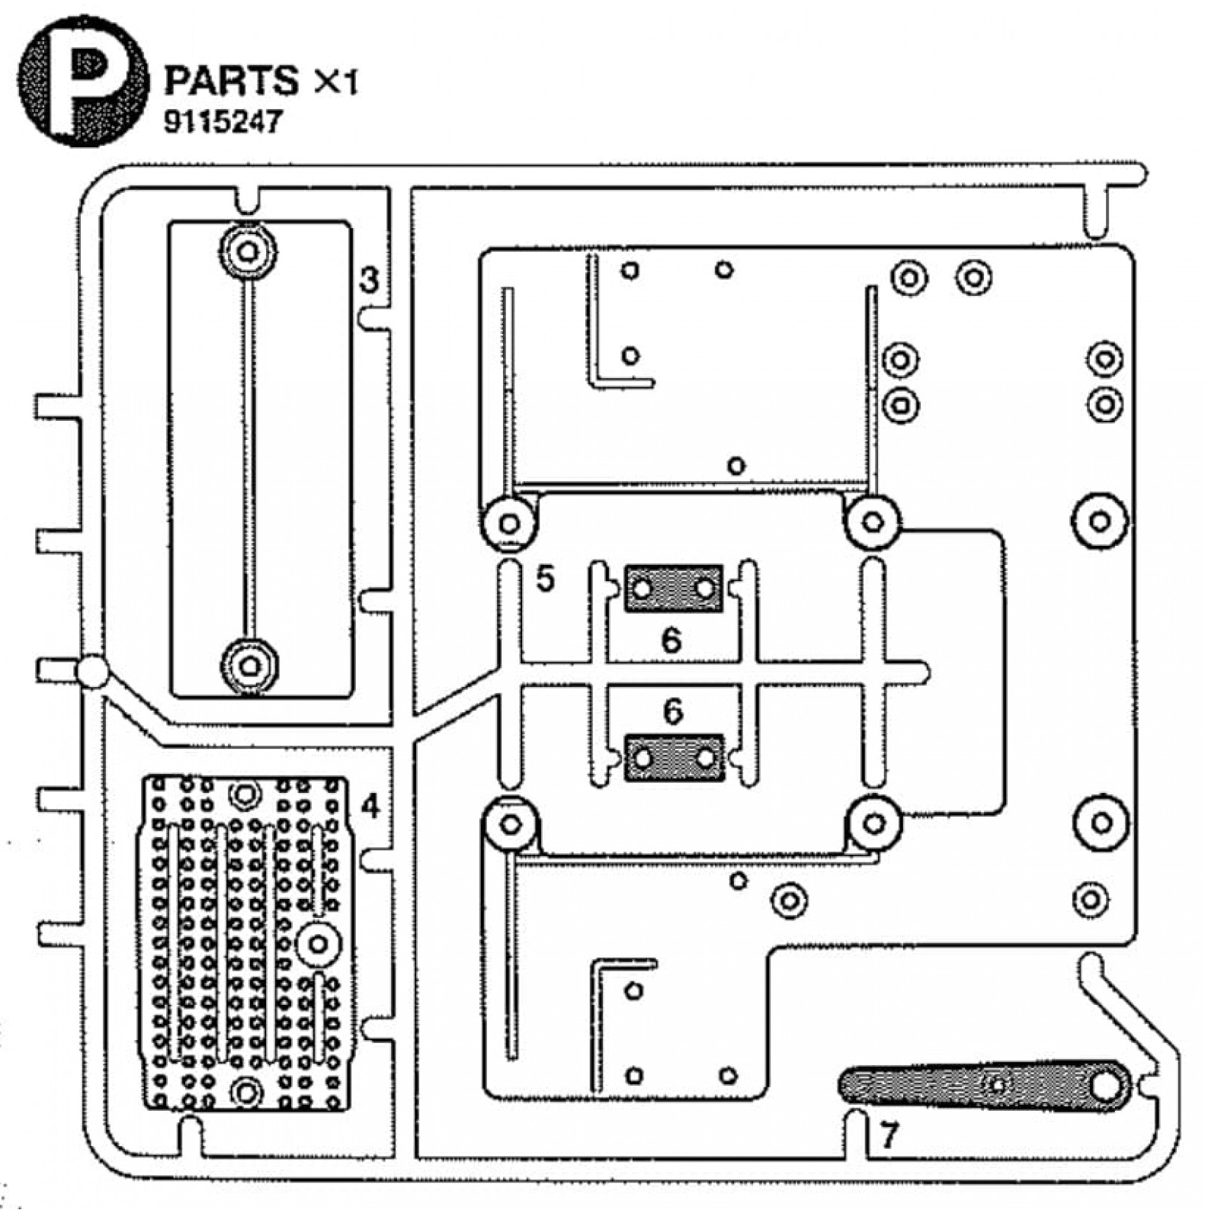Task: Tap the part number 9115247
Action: point(223,121)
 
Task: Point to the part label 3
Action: point(370,280)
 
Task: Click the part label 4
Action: point(370,806)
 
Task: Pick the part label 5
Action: point(545,579)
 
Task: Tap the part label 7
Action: point(889,1135)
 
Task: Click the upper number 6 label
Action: point(671,640)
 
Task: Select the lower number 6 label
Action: point(673,711)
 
